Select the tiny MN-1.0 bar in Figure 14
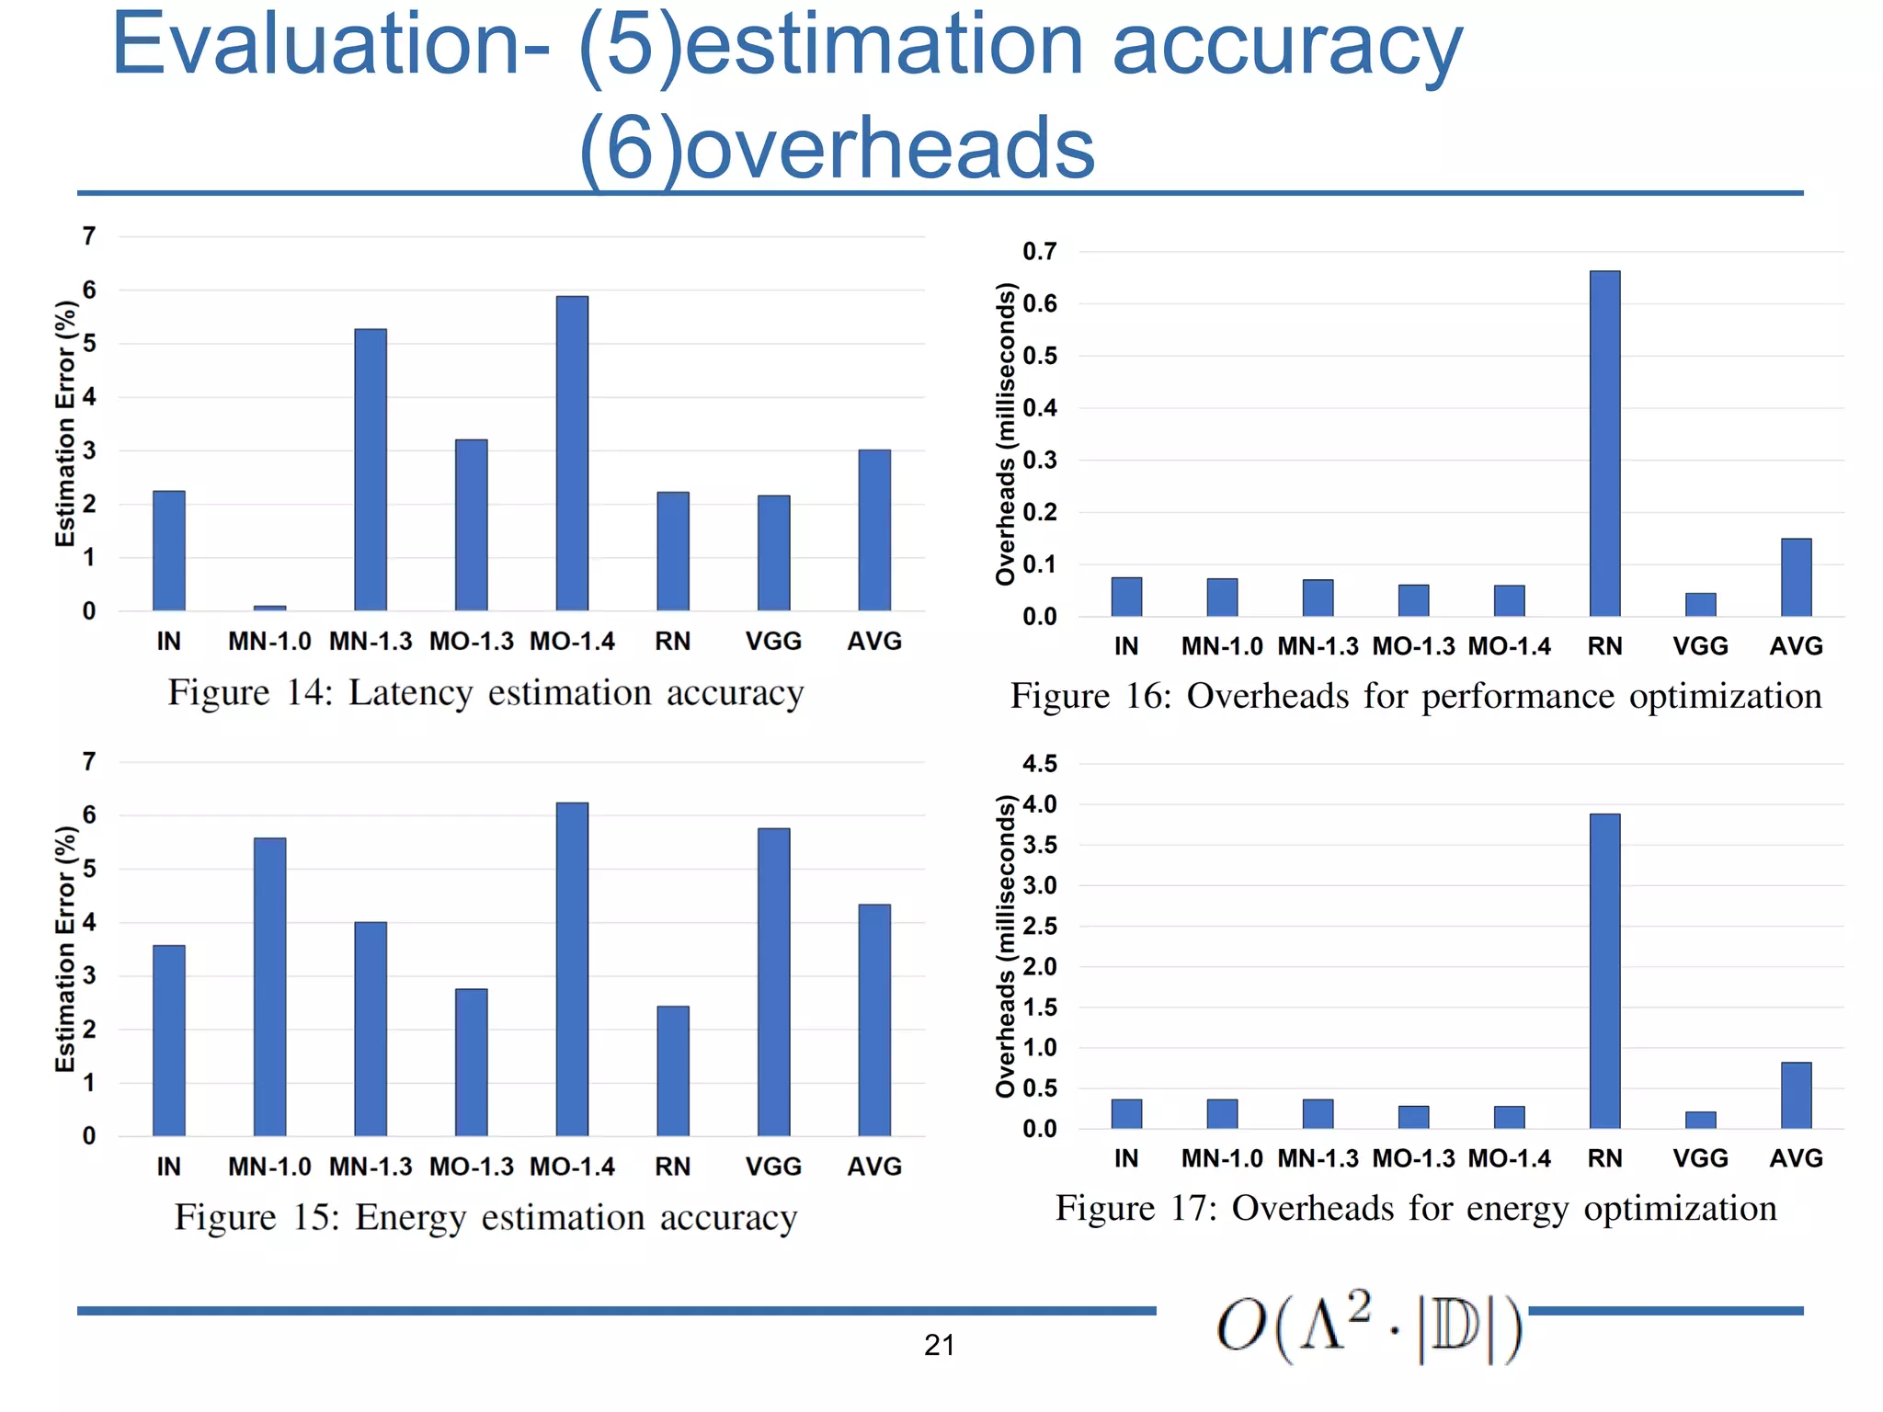(269, 608)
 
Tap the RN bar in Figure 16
(1604, 443)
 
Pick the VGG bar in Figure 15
(773, 982)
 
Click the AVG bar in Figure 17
(1796, 1095)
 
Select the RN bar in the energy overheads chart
(1604, 971)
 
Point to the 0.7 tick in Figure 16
(1039, 251)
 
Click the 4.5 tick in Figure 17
(1039, 763)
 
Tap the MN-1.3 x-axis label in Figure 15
(371, 1166)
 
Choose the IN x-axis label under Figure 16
(1126, 646)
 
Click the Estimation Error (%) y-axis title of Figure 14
(64, 423)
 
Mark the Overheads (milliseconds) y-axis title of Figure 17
(1006, 946)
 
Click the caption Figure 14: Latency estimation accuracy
(485, 693)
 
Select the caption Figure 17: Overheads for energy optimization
(1415, 1208)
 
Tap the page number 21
(939, 1345)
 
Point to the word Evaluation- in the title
(331, 46)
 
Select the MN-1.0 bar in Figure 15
(269, 986)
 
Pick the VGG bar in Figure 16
(1700, 604)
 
